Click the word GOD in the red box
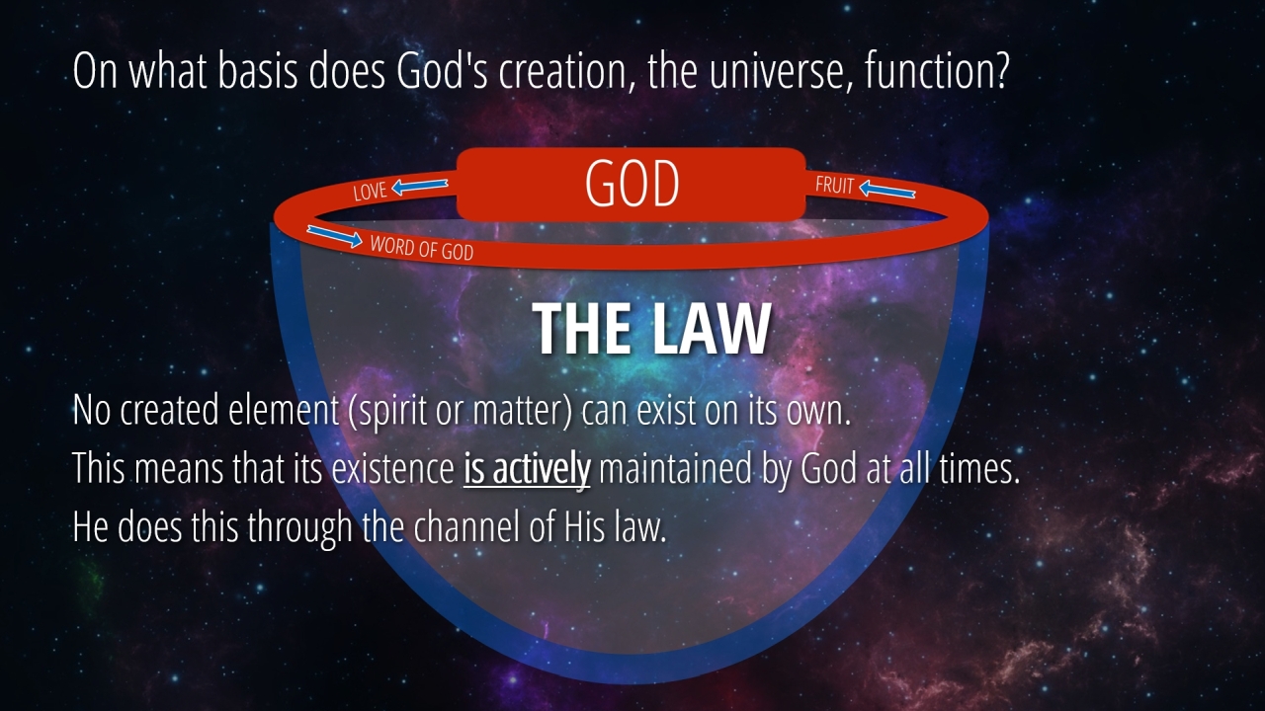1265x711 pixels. tap(632, 184)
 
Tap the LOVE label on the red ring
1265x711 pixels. tap(370, 192)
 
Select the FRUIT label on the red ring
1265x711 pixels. tap(834, 185)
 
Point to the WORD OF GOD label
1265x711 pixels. tap(422, 248)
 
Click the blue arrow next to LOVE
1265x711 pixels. tap(420, 187)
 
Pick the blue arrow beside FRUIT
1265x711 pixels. tap(887, 190)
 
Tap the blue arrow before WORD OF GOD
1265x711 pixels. tap(334, 236)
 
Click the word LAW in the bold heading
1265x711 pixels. tap(712, 329)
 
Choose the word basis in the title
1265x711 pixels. tap(258, 70)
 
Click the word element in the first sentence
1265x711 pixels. tap(284, 410)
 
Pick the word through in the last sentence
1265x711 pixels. tap(299, 527)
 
